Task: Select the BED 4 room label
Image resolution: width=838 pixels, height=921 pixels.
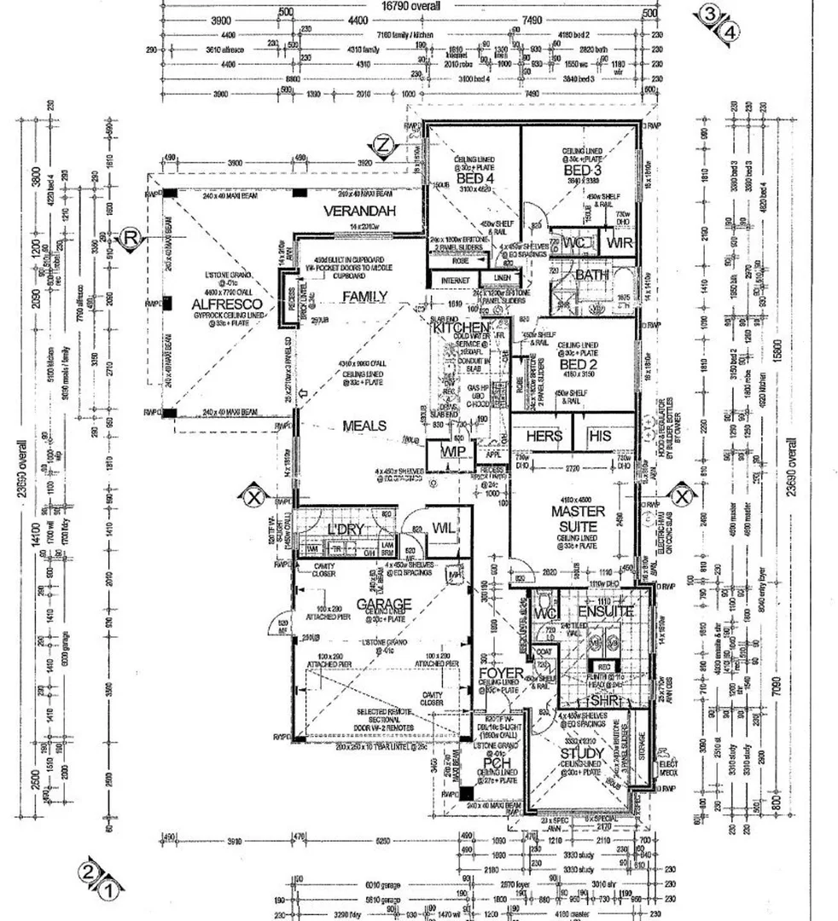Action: pyautogui.click(x=474, y=180)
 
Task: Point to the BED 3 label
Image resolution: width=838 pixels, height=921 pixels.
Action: pyautogui.click(x=583, y=171)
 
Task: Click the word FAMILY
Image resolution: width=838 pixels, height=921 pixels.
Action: pyautogui.click(x=365, y=296)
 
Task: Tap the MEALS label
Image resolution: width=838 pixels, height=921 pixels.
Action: pyautogui.click(x=364, y=426)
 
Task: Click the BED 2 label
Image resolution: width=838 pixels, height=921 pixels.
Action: pyautogui.click(x=577, y=364)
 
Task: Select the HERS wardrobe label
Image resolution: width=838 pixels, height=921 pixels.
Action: pyautogui.click(x=544, y=436)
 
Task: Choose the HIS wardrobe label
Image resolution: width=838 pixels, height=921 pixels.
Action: pyautogui.click(x=601, y=436)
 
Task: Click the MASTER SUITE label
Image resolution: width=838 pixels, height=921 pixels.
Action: pyautogui.click(x=578, y=518)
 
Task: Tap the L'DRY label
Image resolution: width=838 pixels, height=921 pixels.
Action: pyautogui.click(x=346, y=530)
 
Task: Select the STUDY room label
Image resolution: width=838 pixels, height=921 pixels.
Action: pyautogui.click(x=583, y=754)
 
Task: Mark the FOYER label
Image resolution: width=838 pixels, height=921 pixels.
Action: pyautogui.click(x=500, y=674)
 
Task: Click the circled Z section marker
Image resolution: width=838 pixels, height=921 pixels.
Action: pyautogui.click(x=384, y=147)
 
